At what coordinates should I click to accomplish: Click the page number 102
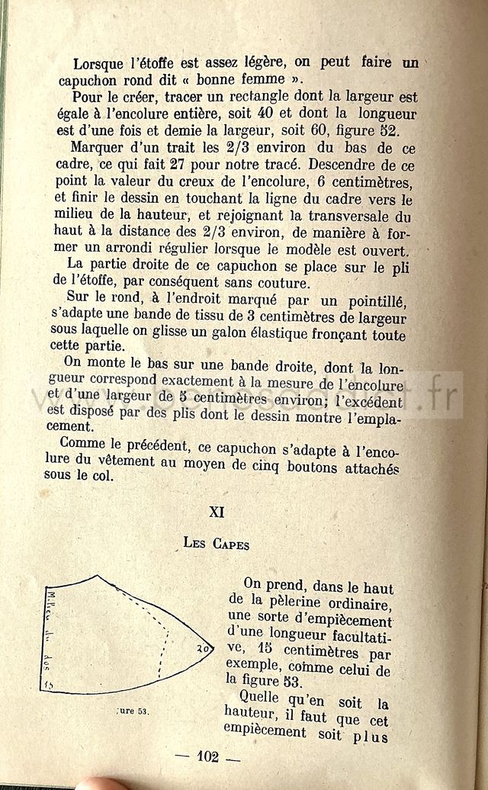pos(207,756)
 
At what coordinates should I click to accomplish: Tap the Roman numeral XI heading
pos(217,512)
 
